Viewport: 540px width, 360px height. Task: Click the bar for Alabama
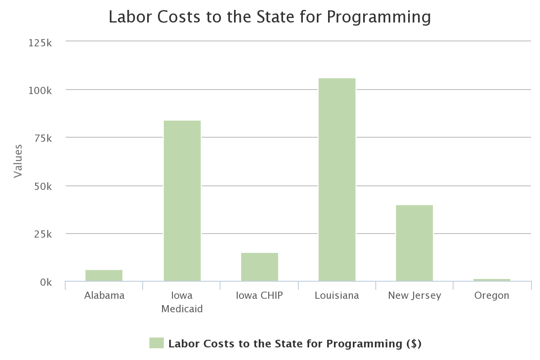click(104, 275)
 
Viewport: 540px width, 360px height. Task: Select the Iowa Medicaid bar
click(182, 201)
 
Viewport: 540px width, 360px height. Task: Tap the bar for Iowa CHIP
click(259, 267)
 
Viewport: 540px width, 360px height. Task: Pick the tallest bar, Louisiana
click(337, 180)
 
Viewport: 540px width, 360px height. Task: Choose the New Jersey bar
click(414, 243)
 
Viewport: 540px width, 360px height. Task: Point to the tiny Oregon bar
click(491, 280)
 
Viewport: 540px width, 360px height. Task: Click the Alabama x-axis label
click(104, 296)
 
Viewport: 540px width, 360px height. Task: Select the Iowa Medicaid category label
click(182, 302)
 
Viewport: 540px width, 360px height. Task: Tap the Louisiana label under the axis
click(337, 296)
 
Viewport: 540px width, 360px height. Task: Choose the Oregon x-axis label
click(491, 296)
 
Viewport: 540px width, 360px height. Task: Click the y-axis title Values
click(18, 161)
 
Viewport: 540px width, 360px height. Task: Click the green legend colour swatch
click(156, 343)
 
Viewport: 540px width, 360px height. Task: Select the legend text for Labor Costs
click(294, 344)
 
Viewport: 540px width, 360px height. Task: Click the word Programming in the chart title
click(378, 17)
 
